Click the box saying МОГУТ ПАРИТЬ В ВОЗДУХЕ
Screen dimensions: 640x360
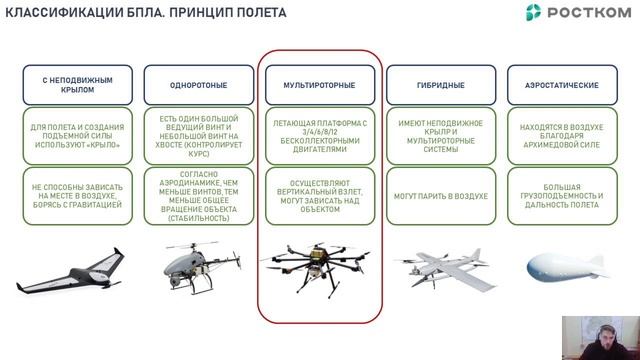(x=439, y=195)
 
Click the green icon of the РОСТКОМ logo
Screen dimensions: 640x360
(x=536, y=12)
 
